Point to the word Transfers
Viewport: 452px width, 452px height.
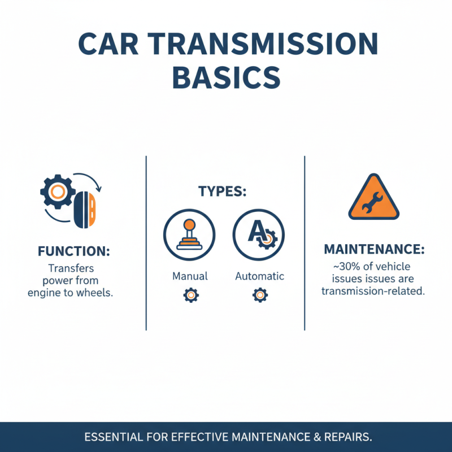coord(71,268)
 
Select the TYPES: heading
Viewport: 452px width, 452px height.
coord(222,192)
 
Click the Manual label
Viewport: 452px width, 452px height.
coord(190,276)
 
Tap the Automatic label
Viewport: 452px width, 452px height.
coord(259,276)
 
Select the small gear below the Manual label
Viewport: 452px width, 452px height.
coord(190,294)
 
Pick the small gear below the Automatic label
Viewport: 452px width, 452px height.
coord(260,294)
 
